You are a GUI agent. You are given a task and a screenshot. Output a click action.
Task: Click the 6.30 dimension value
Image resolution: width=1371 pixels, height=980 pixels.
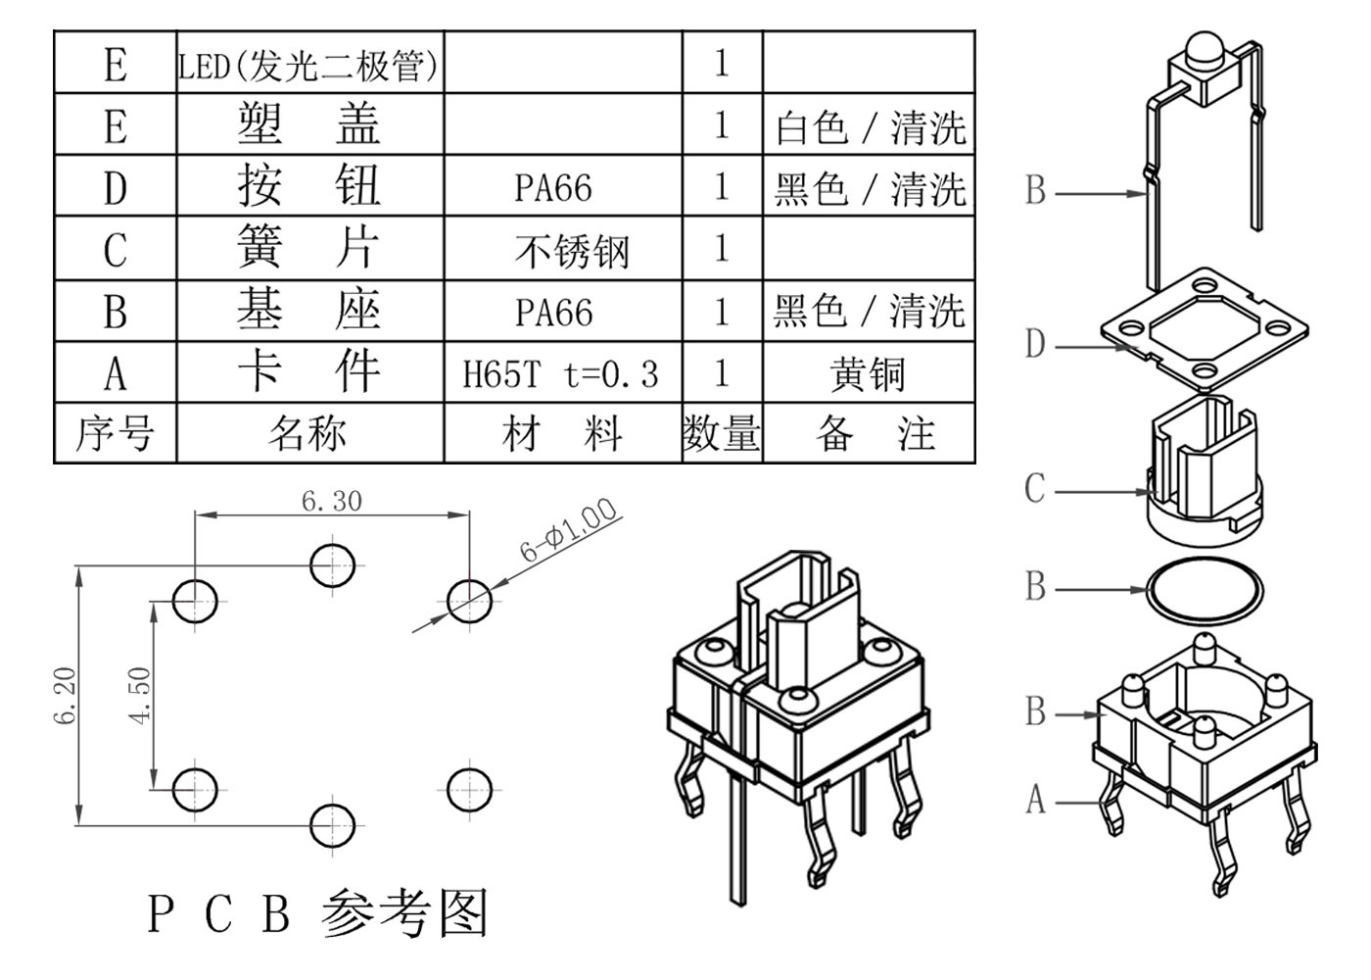[x=331, y=501]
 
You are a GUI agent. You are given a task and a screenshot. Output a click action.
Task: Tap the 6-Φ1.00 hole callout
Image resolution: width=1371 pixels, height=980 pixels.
[x=568, y=530]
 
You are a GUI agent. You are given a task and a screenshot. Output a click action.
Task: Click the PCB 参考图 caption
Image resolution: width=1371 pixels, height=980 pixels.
[x=317, y=912]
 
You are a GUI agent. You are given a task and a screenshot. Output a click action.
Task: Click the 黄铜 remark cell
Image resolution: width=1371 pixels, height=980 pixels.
[x=868, y=374]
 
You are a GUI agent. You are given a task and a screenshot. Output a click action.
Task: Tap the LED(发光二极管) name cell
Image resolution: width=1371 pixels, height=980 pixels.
[x=309, y=65]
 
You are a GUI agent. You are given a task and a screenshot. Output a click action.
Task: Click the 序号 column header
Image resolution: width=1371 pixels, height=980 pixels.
[x=115, y=433]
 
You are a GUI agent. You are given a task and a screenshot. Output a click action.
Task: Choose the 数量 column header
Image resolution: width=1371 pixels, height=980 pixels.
[x=722, y=433]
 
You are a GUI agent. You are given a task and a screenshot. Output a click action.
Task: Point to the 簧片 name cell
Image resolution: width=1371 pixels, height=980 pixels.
[x=307, y=249]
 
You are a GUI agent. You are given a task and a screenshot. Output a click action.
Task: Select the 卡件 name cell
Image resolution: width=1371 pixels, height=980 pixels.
[x=307, y=372]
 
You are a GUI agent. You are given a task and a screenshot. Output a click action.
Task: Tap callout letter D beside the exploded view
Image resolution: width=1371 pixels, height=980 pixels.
[x=1035, y=345]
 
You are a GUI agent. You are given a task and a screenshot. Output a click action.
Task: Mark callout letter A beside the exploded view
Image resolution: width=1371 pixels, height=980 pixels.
[x=1035, y=801]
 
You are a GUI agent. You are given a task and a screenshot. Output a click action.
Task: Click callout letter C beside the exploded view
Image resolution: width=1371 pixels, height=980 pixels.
[x=1035, y=488]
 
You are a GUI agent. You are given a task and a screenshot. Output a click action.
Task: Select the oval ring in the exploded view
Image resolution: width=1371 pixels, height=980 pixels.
[x=1205, y=590]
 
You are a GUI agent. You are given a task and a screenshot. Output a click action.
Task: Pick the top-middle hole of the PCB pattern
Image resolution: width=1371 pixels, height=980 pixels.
[x=333, y=564]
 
